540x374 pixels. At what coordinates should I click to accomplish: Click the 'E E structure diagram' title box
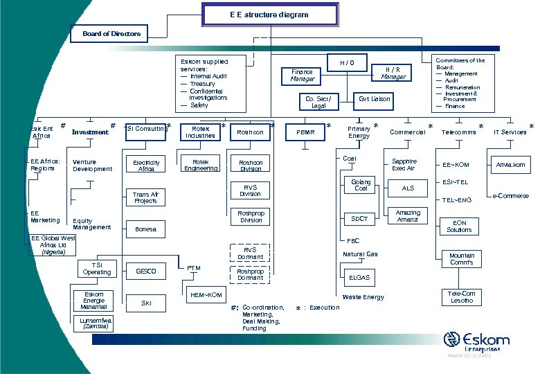tap(269, 15)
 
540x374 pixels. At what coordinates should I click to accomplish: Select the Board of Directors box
tap(111, 33)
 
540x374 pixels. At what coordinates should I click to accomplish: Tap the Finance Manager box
tap(302, 75)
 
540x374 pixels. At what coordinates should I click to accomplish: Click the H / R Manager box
tap(393, 72)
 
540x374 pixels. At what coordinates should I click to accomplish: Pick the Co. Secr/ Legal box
tap(318, 102)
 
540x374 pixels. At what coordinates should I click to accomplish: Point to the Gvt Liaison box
tap(374, 99)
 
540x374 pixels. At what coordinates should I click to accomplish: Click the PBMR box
tap(305, 131)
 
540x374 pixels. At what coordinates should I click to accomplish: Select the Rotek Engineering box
tap(201, 164)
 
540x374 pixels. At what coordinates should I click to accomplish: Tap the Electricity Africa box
tap(146, 165)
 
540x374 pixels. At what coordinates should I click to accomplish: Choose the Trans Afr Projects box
tap(145, 197)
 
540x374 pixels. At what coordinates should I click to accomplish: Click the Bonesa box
tap(145, 229)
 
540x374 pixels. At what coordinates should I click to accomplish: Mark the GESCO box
tap(146, 271)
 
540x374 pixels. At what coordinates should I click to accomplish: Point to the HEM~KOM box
tap(206, 296)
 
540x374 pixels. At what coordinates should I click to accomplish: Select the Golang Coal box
tap(361, 186)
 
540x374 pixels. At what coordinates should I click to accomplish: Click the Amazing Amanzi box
tap(408, 215)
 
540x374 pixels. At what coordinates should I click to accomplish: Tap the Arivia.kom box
tap(510, 165)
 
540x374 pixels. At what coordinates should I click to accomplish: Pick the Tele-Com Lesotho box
tap(462, 297)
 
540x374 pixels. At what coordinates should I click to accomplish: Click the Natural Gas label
tap(360, 255)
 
